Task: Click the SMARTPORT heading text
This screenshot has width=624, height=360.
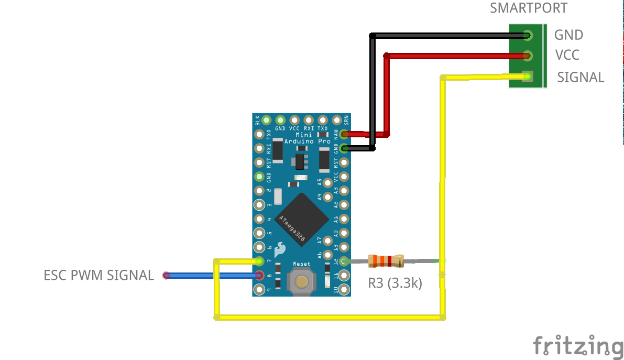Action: [x=528, y=8]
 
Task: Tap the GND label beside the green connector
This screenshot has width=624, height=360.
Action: [x=568, y=35]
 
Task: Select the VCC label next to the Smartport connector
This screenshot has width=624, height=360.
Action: [x=567, y=55]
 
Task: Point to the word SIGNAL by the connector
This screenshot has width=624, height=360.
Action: [x=581, y=78]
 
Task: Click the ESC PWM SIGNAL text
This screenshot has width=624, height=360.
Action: [x=99, y=275]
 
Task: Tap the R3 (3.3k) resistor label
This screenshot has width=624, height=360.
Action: [x=395, y=283]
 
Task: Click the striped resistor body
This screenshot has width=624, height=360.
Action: [x=386, y=260]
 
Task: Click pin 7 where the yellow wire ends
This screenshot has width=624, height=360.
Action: [x=259, y=261]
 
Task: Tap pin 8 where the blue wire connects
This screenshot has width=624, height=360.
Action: [x=259, y=275]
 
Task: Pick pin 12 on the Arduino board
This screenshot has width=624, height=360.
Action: [x=344, y=261]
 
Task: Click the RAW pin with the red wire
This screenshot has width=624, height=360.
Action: [x=344, y=134]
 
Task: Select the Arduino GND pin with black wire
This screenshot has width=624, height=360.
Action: [x=344, y=148]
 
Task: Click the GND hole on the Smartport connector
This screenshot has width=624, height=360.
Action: [x=527, y=36]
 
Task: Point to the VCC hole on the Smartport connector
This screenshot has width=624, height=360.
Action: [x=527, y=56]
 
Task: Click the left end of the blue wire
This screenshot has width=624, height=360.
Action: [x=167, y=275]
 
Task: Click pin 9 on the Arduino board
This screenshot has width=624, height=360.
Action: [x=259, y=289]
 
